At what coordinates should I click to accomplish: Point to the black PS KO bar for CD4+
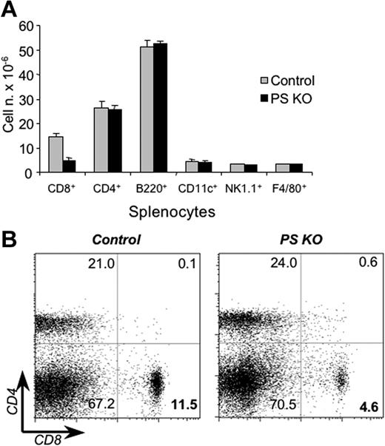pos(115,141)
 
